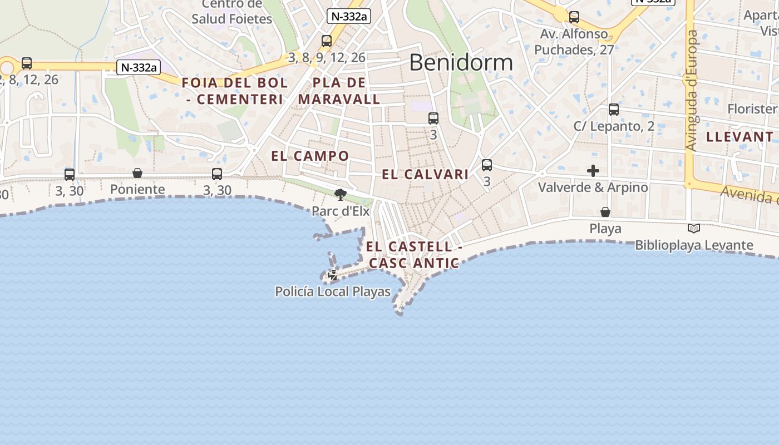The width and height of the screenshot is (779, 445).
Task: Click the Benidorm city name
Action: (x=461, y=63)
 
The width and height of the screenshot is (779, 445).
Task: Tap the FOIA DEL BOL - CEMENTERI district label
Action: (x=235, y=91)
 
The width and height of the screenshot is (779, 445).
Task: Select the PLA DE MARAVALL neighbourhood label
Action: (x=339, y=91)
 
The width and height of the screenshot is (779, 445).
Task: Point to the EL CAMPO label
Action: (x=310, y=156)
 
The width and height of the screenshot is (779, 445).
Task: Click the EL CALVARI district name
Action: (x=425, y=174)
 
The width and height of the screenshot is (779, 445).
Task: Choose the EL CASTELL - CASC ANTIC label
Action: (x=414, y=255)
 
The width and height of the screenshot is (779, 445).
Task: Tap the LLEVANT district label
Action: (x=739, y=137)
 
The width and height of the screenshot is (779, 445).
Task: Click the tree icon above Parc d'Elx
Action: (x=340, y=195)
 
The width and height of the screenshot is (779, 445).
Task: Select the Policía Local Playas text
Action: (x=333, y=291)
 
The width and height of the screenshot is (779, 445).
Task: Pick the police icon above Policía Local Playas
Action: (x=333, y=275)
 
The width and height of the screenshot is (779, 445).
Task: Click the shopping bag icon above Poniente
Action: (x=137, y=173)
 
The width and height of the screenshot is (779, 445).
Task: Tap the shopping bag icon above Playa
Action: (x=605, y=212)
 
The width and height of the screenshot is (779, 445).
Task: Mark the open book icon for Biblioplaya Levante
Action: (x=693, y=228)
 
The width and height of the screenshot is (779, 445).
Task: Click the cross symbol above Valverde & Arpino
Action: (x=593, y=170)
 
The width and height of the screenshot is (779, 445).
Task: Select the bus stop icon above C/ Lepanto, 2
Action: (x=614, y=110)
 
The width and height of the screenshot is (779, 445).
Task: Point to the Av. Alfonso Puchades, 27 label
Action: (x=574, y=42)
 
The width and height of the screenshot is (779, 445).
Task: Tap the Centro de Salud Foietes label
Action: (x=232, y=12)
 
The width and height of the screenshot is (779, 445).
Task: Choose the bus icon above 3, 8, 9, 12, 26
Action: (x=327, y=41)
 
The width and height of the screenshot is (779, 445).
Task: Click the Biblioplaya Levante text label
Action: (x=694, y=245)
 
